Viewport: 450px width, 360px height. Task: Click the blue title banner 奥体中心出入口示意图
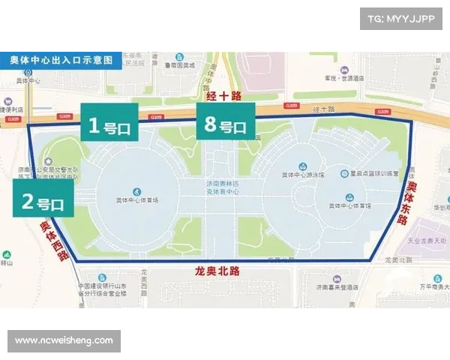tap(61, 59)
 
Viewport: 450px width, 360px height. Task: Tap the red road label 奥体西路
tap(54, 238)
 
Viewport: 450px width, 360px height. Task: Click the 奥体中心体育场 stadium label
tap(136, 202)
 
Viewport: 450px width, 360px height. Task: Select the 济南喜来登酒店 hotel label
tap(340, 287)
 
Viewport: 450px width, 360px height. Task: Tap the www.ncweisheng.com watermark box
tap(64, 340)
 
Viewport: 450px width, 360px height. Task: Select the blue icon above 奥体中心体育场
tap(136, 191)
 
